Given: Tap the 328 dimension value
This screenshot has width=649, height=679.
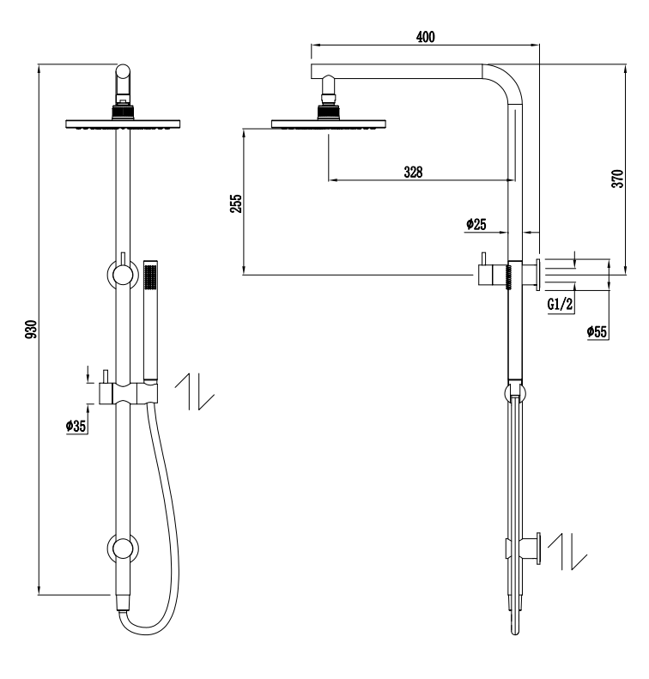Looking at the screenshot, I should pos(413,172).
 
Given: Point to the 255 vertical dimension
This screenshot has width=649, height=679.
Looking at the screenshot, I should pos(236,203).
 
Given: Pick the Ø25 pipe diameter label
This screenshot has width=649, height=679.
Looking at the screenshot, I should pos(476,224).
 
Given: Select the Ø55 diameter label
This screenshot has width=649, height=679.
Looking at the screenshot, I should pos(597,331).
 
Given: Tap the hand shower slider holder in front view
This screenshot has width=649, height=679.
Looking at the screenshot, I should pos(129,393).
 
